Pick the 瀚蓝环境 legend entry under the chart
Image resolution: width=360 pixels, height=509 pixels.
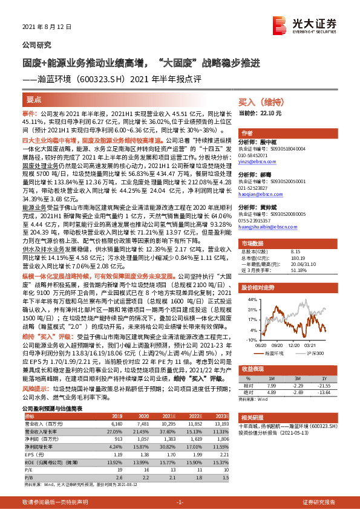277,352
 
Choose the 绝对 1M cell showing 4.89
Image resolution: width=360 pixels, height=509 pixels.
271,391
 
